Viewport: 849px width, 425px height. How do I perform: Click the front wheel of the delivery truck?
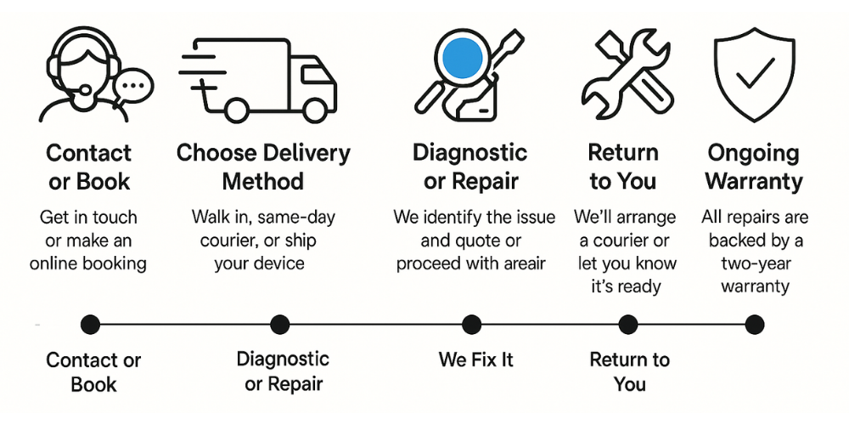[x=315, y=109]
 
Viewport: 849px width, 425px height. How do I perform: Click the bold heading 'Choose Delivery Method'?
[x=263, y=167]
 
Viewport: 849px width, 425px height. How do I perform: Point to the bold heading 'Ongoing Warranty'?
[x=754, y=167]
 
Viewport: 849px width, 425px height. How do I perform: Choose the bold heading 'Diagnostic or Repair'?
[x=470, y=167]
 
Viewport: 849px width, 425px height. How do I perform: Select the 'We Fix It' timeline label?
[x=476, y=359]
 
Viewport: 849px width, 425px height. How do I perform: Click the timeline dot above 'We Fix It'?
[x=471, y=324]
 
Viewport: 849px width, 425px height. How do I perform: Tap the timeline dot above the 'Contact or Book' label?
[x=91, y=324]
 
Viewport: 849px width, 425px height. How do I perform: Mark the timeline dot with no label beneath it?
[x=754, y=324]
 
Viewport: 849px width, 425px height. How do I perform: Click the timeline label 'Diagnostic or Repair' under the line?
[x=283, y=371]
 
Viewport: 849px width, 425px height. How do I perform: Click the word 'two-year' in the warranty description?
[x=755, y=263]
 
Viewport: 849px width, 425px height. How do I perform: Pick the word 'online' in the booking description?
[x=59, y=263]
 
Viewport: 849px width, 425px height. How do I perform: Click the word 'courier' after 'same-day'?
[x=228, y=240]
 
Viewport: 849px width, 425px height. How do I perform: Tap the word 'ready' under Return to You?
[x=638, y=286]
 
